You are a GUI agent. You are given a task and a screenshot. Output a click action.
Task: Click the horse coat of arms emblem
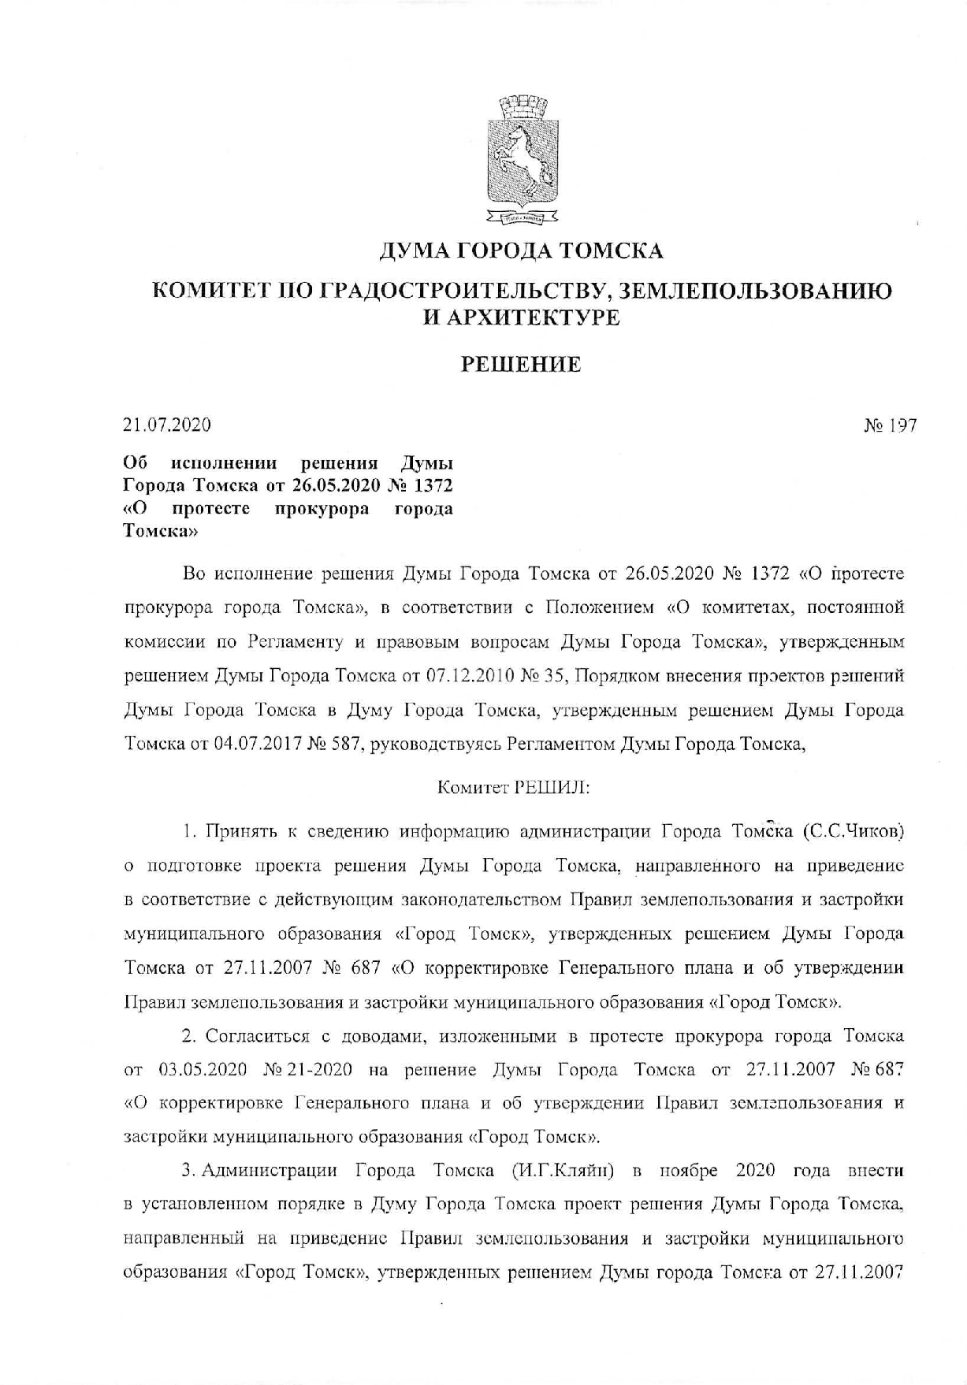click(x=522, y=158)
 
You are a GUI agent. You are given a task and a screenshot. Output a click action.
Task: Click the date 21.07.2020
click(x=167, y=425)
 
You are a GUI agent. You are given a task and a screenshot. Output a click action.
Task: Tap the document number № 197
click(x=890, y=425)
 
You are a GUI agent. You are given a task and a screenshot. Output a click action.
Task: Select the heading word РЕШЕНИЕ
click(x=521, y=365)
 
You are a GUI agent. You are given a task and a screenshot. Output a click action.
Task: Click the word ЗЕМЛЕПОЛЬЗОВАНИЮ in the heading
click(x=757, y=291)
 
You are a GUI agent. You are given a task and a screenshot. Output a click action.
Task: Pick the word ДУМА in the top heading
click(x=415, y=251)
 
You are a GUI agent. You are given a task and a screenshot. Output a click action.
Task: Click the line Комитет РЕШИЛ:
click(x=513, y=787)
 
